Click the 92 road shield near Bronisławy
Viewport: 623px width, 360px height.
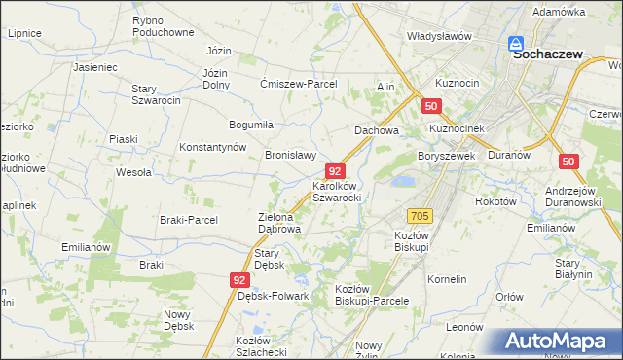pos(336,170)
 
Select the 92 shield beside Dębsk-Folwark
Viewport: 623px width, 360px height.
pos(240,279)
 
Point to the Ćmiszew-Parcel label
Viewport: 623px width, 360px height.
pos(298,84)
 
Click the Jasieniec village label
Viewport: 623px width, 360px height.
pos(94,68)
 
